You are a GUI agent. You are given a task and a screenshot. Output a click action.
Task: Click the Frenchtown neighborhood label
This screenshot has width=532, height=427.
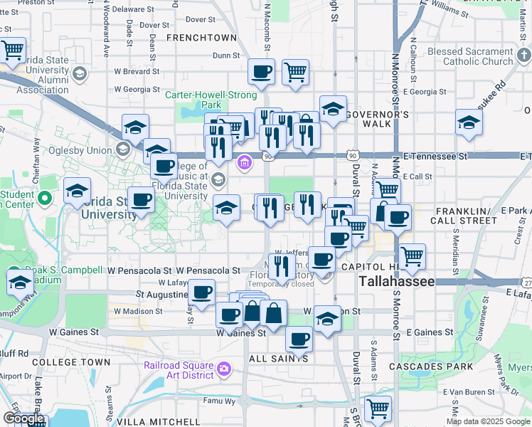(201, 37)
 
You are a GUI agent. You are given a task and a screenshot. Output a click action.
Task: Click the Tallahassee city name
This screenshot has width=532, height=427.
(397, 282)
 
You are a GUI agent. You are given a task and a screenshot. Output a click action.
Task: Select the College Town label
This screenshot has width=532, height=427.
(71, 362)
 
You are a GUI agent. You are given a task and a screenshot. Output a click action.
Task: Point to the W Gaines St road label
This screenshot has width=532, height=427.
(74, 332)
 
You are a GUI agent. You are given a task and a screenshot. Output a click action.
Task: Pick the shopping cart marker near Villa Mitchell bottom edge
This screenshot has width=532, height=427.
(378, 408)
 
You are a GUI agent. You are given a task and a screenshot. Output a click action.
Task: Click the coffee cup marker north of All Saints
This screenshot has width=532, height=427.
(299, 339)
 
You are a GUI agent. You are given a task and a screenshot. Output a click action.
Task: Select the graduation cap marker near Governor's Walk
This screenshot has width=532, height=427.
(332, 108)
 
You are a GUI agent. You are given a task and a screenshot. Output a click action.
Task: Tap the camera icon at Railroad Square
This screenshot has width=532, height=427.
(225, 368)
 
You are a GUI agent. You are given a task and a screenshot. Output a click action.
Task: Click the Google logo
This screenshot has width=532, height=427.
(23, 418)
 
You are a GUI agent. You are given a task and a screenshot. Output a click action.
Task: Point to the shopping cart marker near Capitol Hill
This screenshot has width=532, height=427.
(413, 256)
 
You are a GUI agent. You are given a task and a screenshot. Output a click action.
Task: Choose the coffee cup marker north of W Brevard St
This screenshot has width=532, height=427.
(261, 71)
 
